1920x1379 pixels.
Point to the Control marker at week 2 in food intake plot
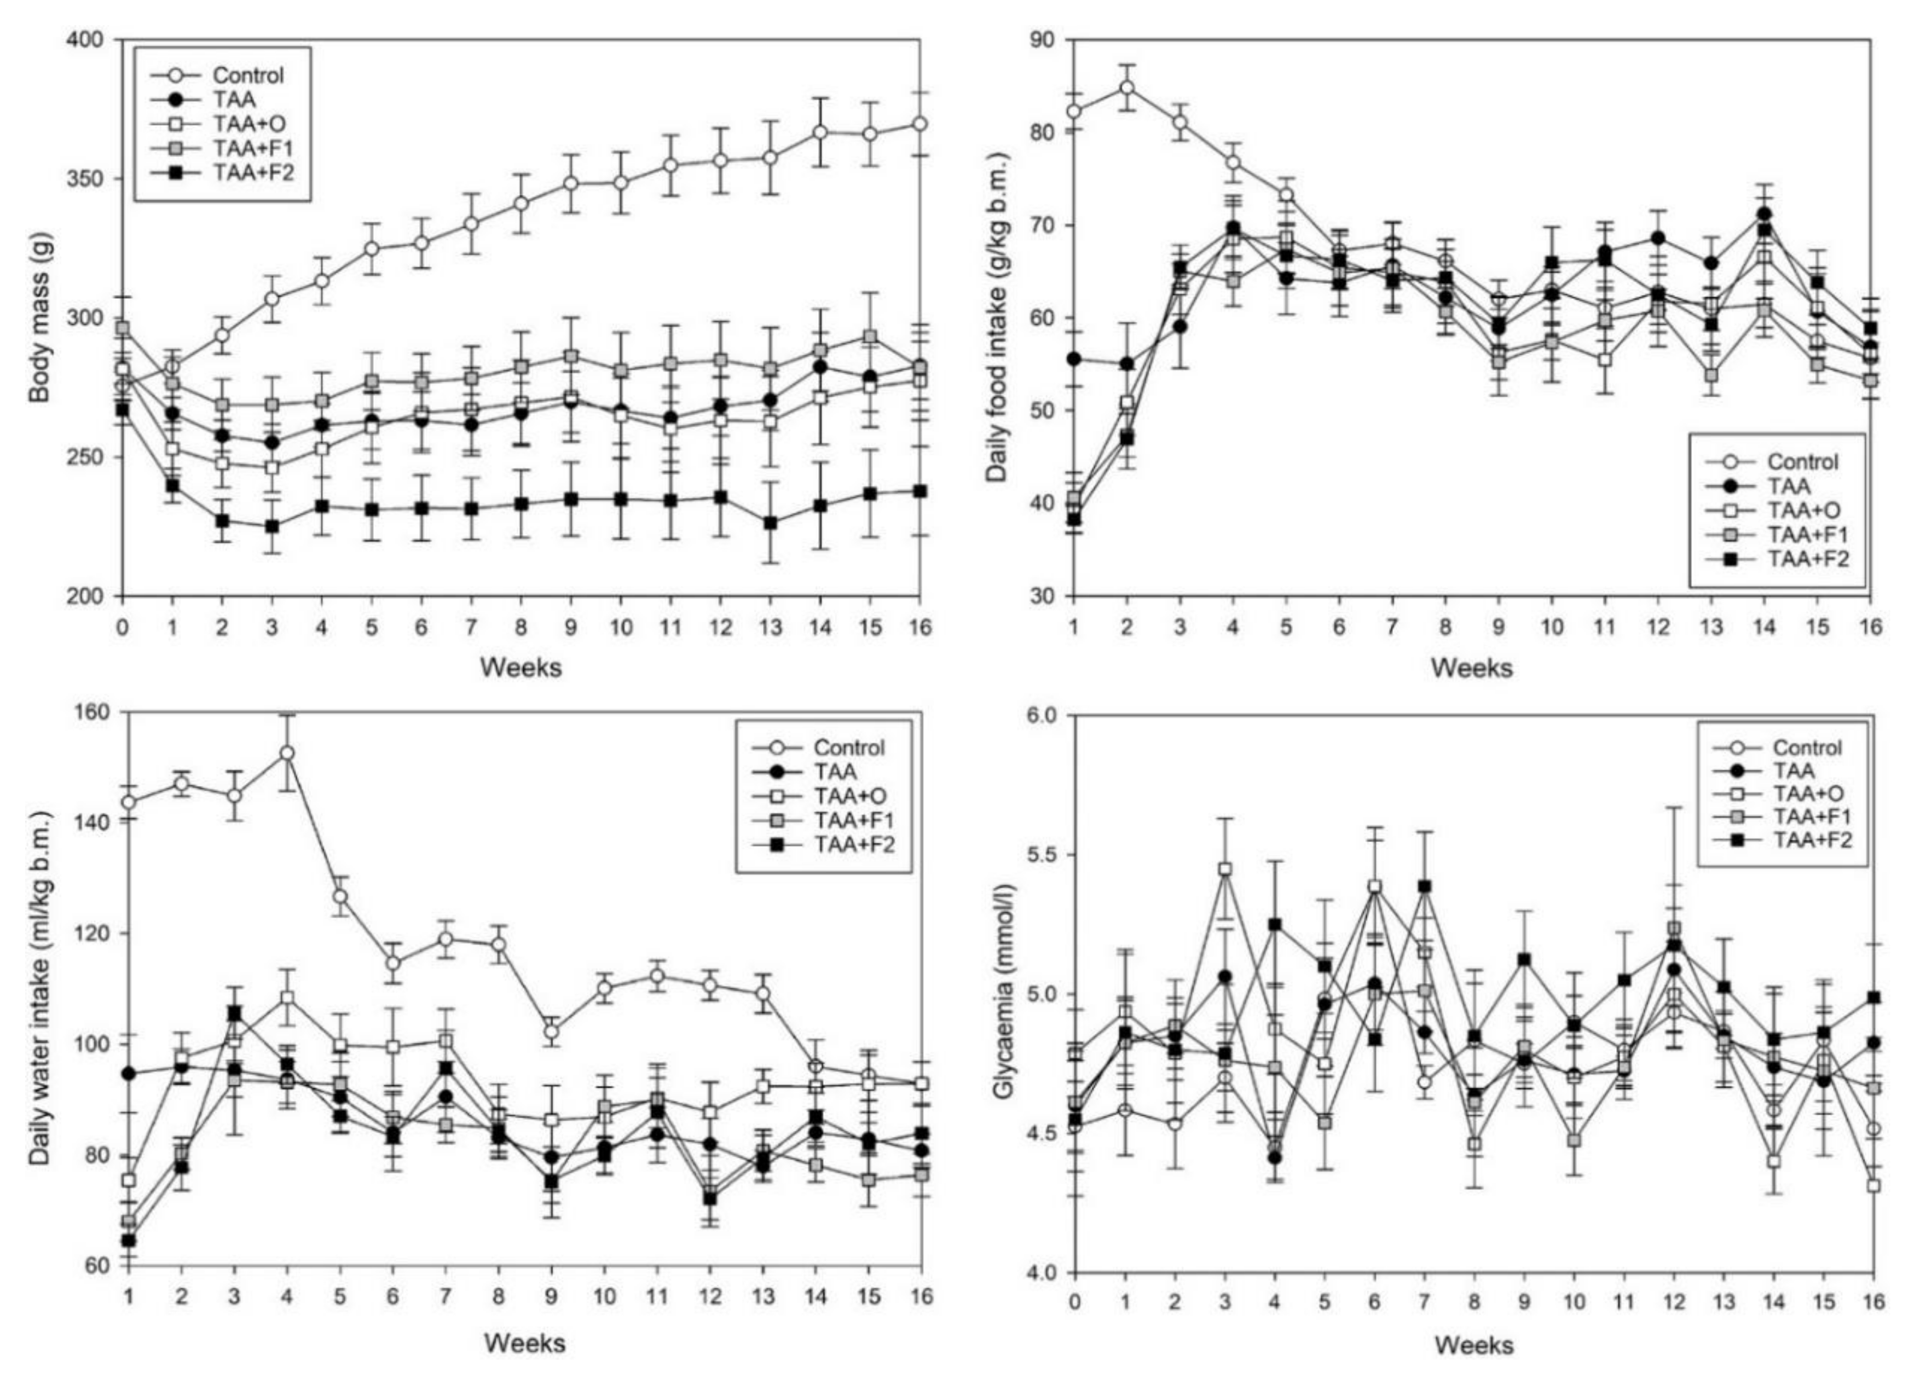point(1127,87)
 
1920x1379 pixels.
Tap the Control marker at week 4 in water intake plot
point(287,752)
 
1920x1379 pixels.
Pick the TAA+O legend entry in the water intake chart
point(848,795)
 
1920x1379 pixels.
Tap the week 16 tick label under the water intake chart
point(920,1297)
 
